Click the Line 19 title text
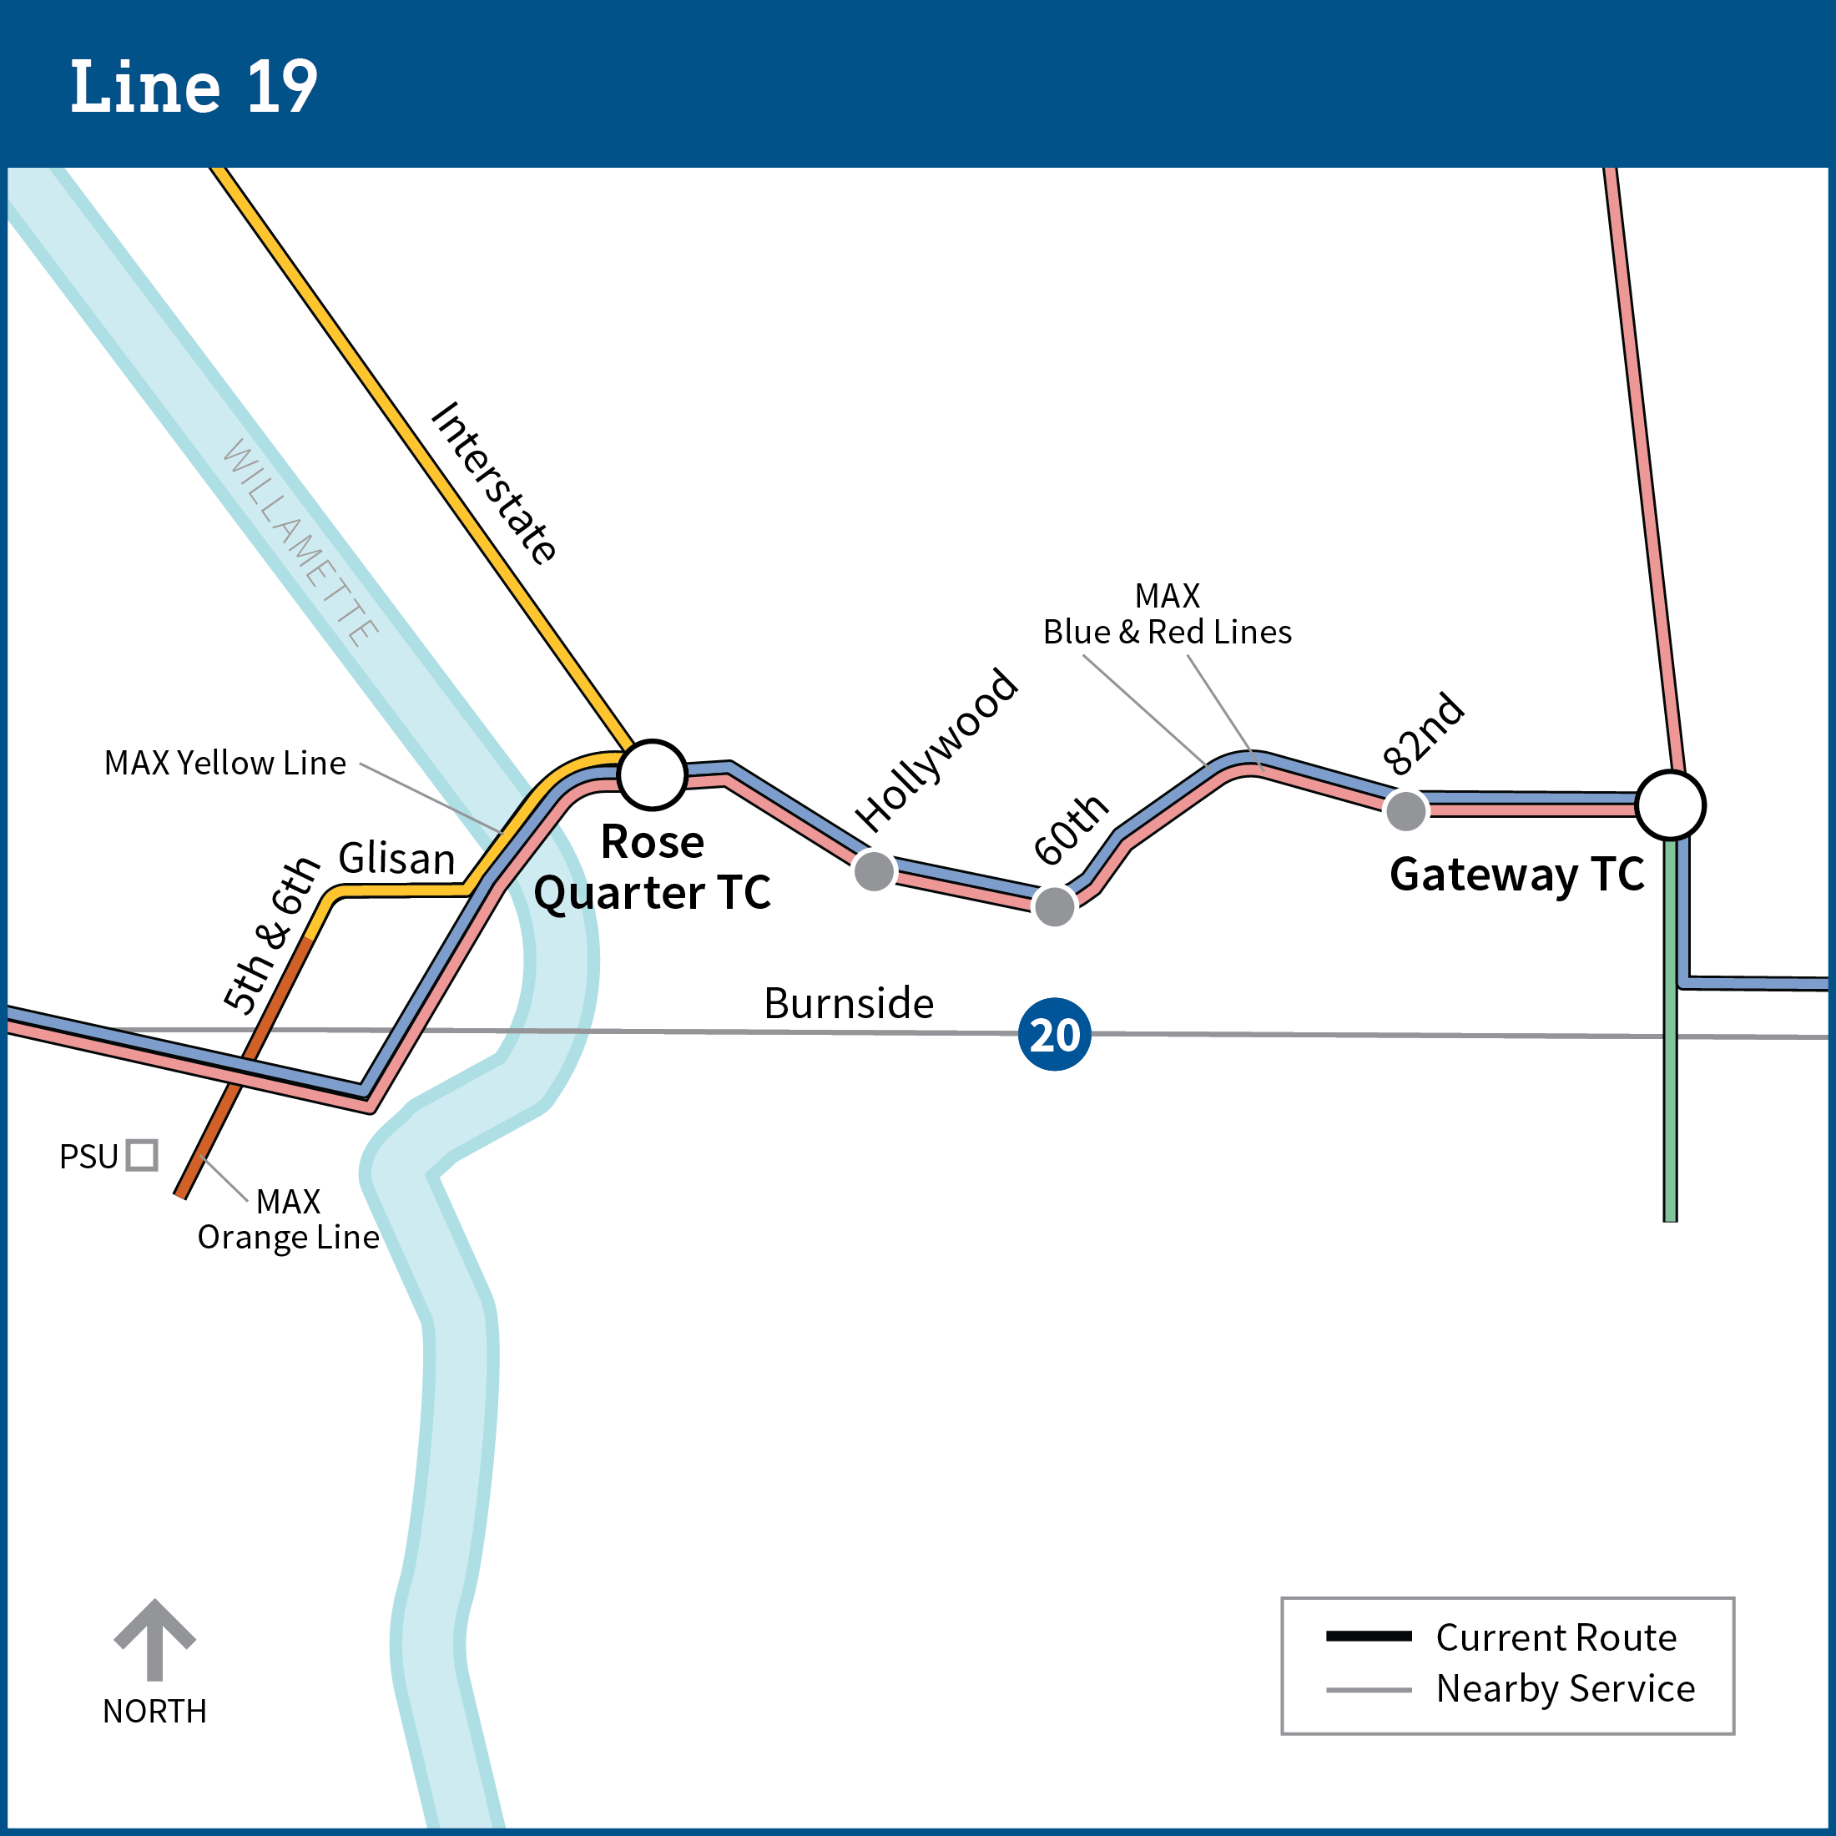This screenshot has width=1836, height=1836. click(x=194, y=87)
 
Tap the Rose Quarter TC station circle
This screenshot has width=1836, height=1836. click(x=652, y=774)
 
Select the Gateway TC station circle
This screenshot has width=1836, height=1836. click(x=1670, y=805)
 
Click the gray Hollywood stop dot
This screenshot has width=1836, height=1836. click(x=873, y=870)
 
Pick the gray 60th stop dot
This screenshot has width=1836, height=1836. click(x=1054, y=905)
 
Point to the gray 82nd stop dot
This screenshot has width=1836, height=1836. click(x=1405, y=810)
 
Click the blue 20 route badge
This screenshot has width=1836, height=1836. click(x=1054, y=1034)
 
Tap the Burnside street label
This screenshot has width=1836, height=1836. click(x=849, y=1003)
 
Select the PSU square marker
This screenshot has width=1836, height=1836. click(x=142, y=1155)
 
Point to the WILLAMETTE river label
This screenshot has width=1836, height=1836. click(x=300, y=542)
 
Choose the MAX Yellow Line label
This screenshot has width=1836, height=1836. click(x=225, y=763)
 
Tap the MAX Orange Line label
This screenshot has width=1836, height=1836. click(x=288, y=1219)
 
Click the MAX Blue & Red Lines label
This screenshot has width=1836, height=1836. click(x=1167, y=614)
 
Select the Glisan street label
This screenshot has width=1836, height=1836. click(x=396, y=858)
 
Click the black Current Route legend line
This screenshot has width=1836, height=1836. click(x=1369, y=1637)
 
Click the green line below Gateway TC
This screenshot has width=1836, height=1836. click(x=1670, y=1046)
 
